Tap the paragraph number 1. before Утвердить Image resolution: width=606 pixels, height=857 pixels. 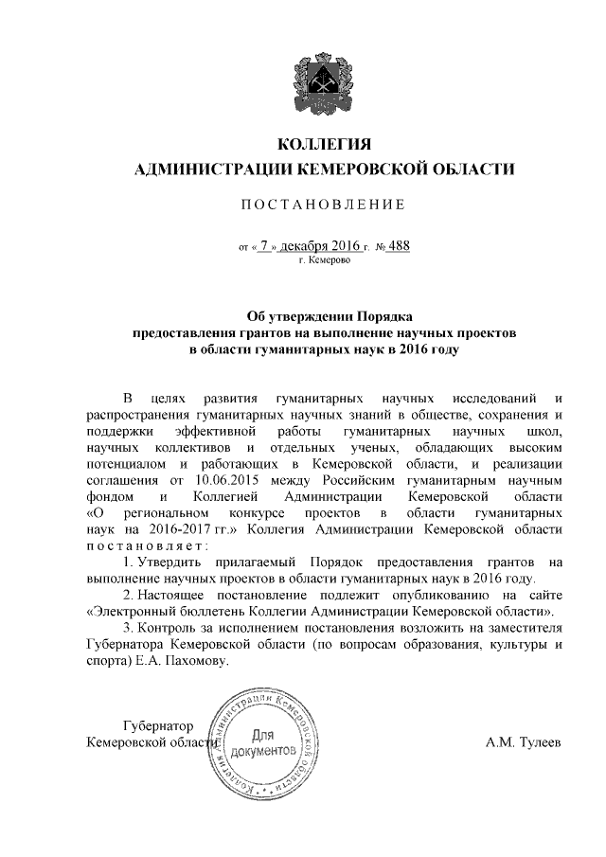(x=127, y=563)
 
